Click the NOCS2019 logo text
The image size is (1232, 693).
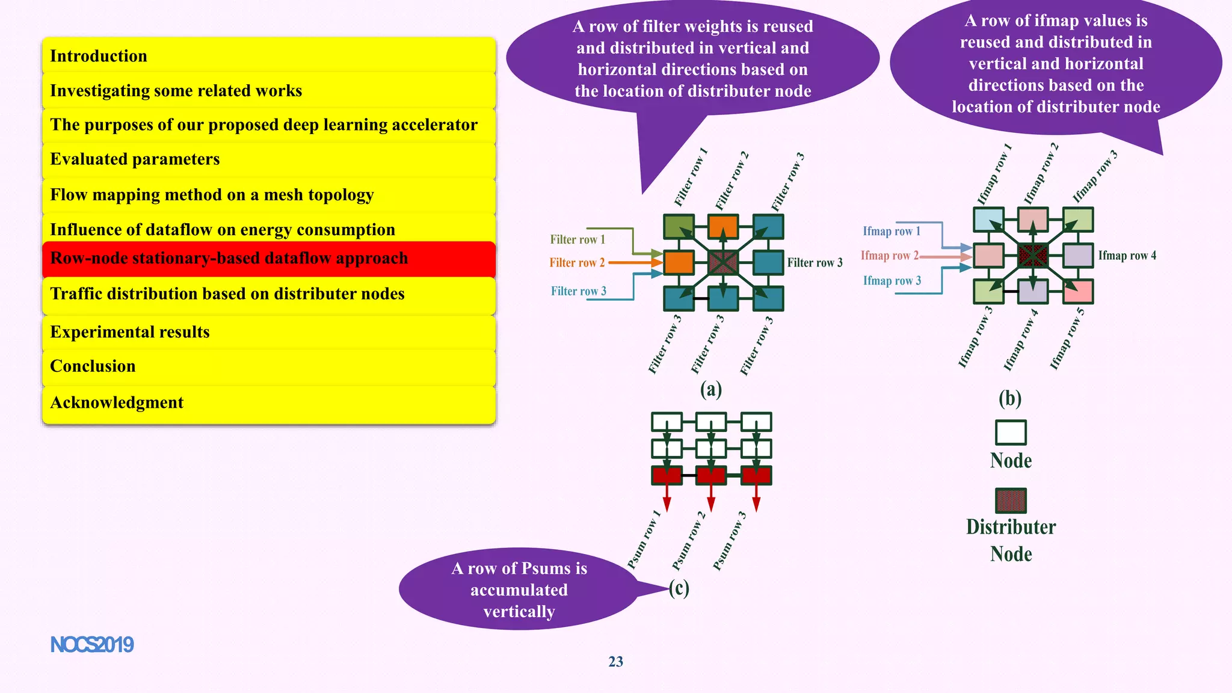coord(91,645)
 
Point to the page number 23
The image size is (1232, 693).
coord(615,662)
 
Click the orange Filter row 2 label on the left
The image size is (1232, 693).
coord(576,263)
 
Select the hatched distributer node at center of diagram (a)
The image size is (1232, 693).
coord(723,262)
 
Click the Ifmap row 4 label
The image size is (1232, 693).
coord(1127,256)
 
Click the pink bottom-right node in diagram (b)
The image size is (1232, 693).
coord(1078,292)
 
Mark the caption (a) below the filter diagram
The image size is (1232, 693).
coord(710,390)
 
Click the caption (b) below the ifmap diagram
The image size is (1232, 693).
coord(1010,398)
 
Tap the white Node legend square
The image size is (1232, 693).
coord(1011,433)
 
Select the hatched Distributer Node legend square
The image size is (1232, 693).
coord(1011,500)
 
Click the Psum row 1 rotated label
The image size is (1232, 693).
coord(644,540)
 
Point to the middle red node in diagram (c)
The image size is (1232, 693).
coord(711,476)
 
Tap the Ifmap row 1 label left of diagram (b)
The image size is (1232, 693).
coord(892,232)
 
